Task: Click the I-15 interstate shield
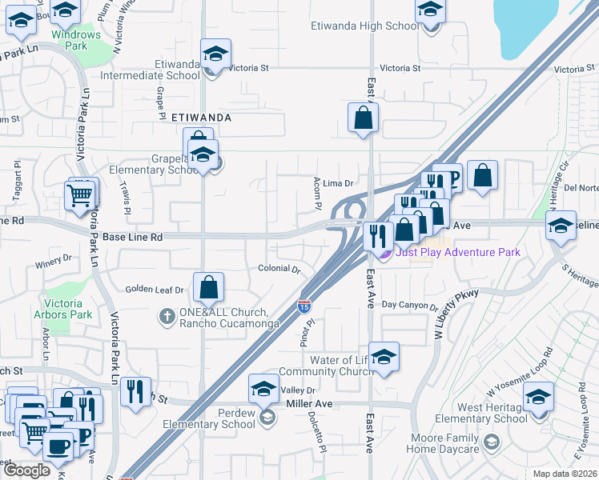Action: pyautogui.click(x=304, y=306)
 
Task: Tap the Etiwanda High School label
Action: pyautogui.click(x=364, y=26)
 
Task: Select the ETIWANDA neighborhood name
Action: pyautogui.click(x=201, y=117)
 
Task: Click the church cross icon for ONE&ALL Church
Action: pyautogui.click(x=167, y=315)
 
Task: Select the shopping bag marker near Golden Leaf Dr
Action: pyautogui.click(x=208, y=287)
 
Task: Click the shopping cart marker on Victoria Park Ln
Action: pyautogui.click(x=80, y=194)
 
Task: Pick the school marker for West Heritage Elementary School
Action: pyautogui.click(x=538, y=398)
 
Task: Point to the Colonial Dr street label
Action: pyautogui.click(x=279, y=269)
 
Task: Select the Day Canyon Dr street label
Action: pyautogui.click(x=409, y=305)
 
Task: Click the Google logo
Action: pyautogui.click(x=26, y=470)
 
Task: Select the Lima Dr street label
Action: pyautogui.click(x=339, y=183)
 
